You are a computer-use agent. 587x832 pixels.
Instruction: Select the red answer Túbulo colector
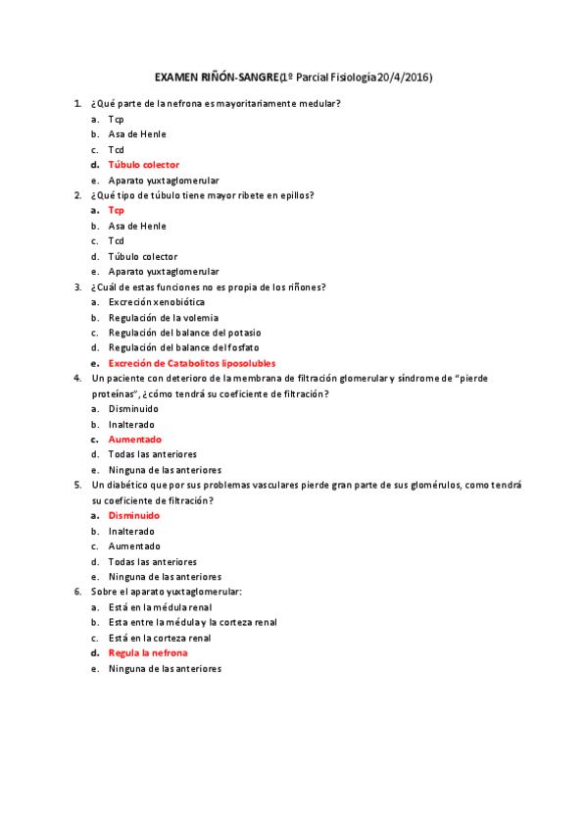143,165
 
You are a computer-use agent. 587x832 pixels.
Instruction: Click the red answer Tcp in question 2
116,210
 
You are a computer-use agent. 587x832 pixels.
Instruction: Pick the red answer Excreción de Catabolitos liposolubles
191,363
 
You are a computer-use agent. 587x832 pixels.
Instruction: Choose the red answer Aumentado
134,440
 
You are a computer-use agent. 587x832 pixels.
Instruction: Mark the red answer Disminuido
133,515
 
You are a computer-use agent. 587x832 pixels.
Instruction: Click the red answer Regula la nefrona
147,652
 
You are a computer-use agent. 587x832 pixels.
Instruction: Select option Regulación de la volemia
163,318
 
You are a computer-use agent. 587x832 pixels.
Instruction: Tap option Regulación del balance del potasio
184,333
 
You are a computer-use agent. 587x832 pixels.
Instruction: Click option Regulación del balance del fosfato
183,347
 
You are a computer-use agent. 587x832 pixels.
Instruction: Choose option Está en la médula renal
159,607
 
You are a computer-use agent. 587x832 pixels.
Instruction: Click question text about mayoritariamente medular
215,103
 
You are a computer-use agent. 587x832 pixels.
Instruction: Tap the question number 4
77,378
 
